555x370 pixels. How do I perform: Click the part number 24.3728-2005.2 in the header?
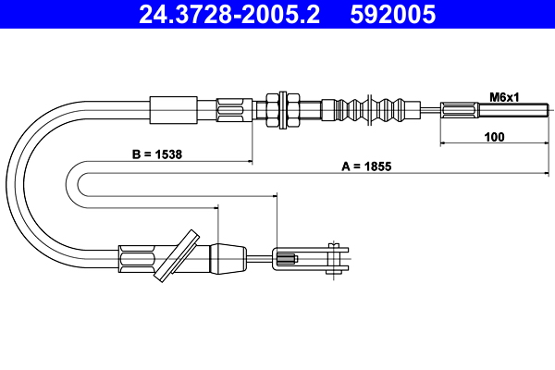[x=229, y=14]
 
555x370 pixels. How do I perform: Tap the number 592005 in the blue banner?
[x=392, y=14]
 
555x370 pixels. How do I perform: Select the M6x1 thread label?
[x=504, y=97]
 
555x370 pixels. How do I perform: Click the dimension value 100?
[x=494, y=137]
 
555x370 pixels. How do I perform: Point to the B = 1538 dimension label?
[x=157, y=154]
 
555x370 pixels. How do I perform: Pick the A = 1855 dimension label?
[x=366, y=166]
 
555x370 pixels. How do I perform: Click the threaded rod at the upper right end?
[x=513, y=109]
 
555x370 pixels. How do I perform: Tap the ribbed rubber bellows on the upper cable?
[x=371, y=110]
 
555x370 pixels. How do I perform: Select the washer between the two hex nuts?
[x=282, y=110]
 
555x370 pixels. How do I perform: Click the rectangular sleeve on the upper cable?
[x=174, y=110]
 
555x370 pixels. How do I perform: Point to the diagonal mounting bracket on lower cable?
[x=177, y=255]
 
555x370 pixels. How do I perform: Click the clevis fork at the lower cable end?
[x=311, y=257]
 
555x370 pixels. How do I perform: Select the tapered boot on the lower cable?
[x=228, y=259]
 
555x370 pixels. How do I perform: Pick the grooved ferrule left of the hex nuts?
[x=234, y=110]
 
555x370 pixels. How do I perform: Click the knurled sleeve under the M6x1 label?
[x=460, y=109]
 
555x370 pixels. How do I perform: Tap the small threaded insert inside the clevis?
[x=287, y=260]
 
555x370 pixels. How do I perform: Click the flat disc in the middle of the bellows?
[x=369, y=110]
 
